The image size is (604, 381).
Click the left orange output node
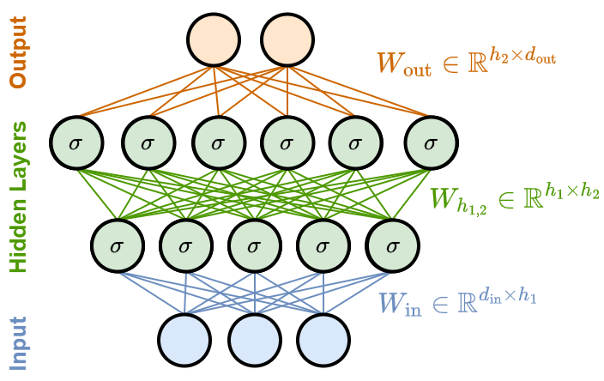(214, 39)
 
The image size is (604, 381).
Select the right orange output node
(287, 39)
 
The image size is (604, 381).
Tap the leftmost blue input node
(184, 340)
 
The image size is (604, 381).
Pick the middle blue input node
(255, 340)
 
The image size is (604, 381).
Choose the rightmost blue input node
(323, 340)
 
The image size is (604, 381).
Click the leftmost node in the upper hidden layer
(76, 142)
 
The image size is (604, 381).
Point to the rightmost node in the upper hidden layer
(431, 142)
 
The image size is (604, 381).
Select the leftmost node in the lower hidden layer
(118, 245)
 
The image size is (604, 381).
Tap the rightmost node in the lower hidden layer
(392, 245)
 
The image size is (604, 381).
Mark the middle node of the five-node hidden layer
(255, 245)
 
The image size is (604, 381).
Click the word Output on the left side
(18, 52)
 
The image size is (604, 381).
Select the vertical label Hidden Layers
(18, 197)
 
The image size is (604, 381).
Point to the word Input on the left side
(18, 343)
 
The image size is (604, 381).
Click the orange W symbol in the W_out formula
(390, 62)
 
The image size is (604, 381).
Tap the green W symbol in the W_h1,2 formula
(443, 197)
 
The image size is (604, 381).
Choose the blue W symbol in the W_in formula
(391, 303)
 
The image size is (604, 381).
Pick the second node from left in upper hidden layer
(148, 142)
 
